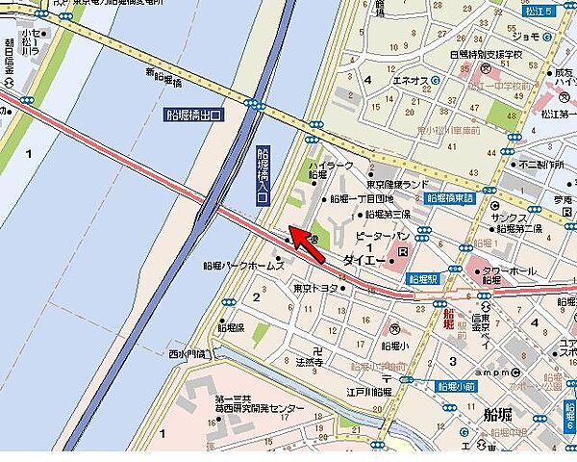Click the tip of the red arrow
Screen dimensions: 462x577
pyautogui.click(x=290, y=231)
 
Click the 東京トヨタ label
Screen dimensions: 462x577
pyautogui.click(x=315, y=288)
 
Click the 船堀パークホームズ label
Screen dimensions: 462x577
pyautogui.click(x=244, y=266)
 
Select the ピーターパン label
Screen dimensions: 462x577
pyautogui.click(x=382, y=235)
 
